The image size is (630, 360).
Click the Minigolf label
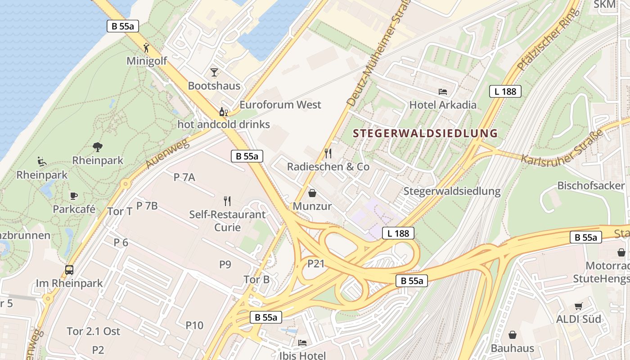(x=147, y=61)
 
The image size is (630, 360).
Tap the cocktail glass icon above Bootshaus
(x=214, y=72)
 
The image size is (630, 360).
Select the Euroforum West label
(x=280, y=105)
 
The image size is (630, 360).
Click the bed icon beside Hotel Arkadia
(x=443, y=92)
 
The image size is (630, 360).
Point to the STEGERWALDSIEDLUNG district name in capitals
(x=425, y=134)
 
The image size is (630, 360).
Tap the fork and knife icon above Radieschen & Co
(x=328, y=153)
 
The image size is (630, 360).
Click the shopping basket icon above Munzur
(x=312, y=193)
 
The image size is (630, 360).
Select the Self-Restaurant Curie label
(x=227, y=220)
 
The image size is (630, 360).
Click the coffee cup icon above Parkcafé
(x=74, y=196)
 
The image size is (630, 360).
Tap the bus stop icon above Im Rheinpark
(x=69, y=270)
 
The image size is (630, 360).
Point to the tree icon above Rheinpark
(x=97, y=147)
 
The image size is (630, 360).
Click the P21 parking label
(x=316, y=264)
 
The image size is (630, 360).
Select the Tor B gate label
(x=256, y=280)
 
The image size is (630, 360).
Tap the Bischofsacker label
(x=591, y=186)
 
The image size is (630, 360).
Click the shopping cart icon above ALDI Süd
(x=578, y=306)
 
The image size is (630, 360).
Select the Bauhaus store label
(x=512, y=348)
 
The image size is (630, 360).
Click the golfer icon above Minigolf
(x=146, y=48)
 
